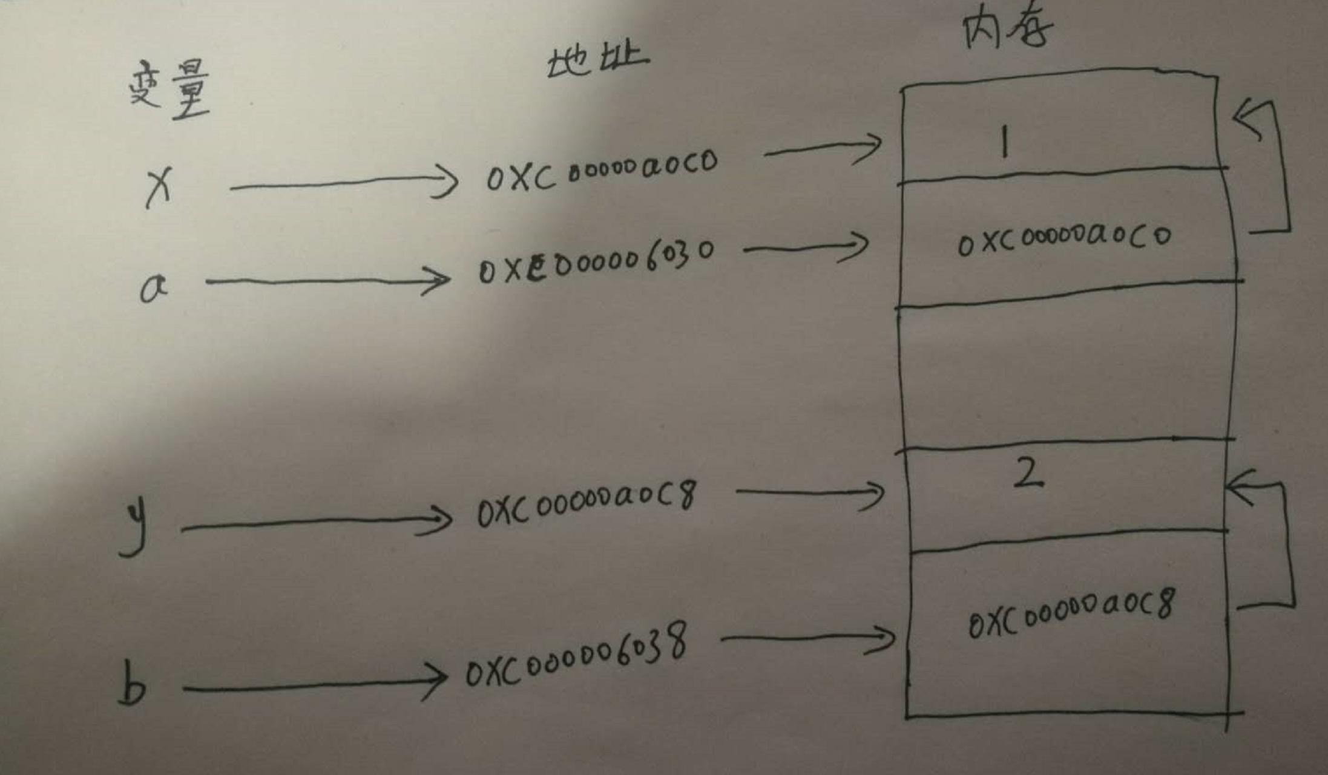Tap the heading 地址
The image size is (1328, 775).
(x=597, y=61)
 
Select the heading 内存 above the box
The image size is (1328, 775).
(x=1007, y=29)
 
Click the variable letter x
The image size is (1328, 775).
(x=159, y=187)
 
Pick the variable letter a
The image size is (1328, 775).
(x=153, y=288)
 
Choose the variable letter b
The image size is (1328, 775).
(x=132, y=684)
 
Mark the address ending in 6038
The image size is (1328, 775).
(x=576, y=656)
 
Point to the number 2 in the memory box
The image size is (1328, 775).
(x=1028, y=474)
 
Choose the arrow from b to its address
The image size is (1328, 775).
(x=315, y=684)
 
